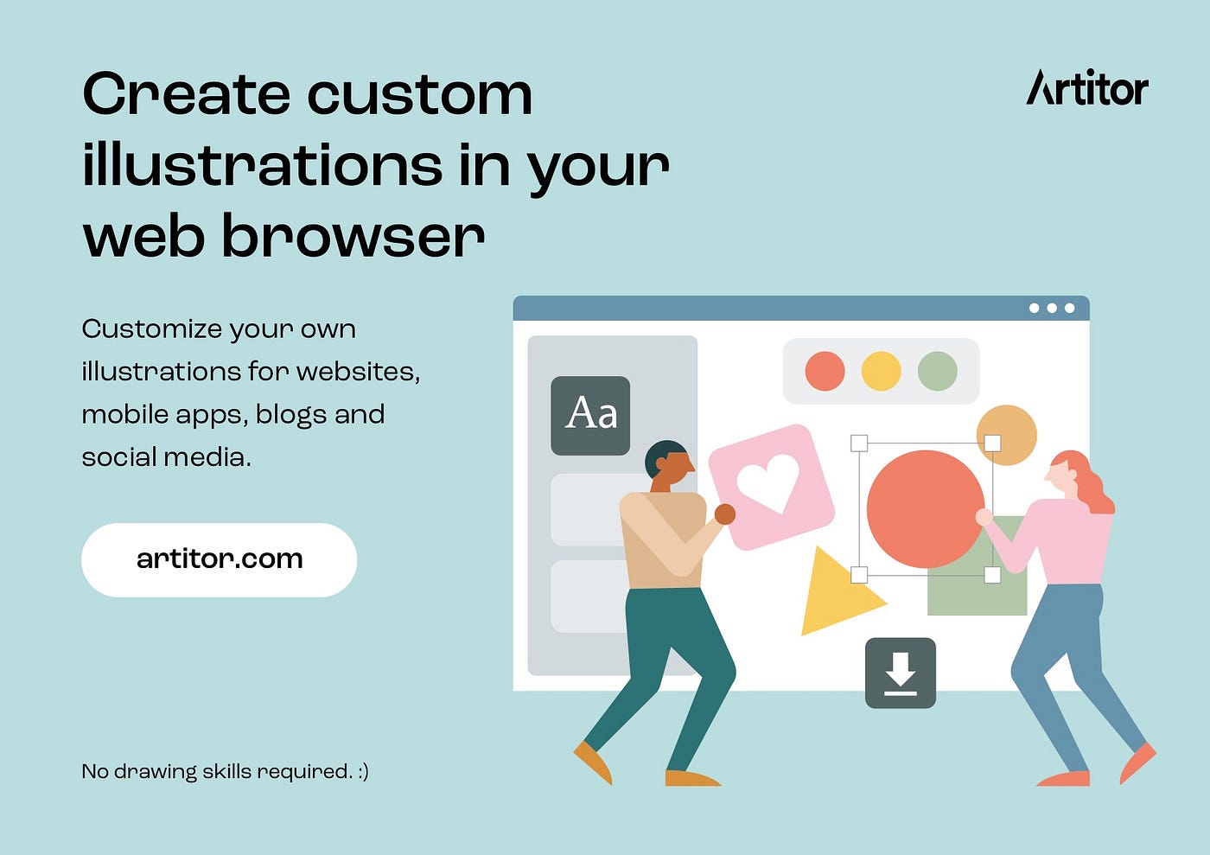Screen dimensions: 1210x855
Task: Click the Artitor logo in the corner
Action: click(x=1087, y=87)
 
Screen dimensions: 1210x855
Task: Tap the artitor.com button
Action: click(x=219, y=559)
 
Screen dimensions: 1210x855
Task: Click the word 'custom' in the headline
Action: click(x=420, y=93)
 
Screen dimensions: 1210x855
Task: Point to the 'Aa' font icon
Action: click(x=590, y=415)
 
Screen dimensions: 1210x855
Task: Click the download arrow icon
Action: click(x=901, y=673)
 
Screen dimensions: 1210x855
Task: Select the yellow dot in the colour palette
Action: click(x=881, y=371)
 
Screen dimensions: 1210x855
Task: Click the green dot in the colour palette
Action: click(x=938, y=371)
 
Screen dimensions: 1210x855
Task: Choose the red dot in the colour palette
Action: click(x=825, y=371)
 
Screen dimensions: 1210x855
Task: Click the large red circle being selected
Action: click(x=926, y=509)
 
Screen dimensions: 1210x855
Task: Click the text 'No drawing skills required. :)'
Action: click(x=226, y=771)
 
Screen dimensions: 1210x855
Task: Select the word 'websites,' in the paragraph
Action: click(x=358, y=372)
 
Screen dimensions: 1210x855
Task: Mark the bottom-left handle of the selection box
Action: click(x=859, y=575)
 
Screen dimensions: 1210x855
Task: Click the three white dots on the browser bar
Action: click(x=1052, y=308)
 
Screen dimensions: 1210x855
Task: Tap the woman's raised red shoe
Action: click(x=1137, y=762)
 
